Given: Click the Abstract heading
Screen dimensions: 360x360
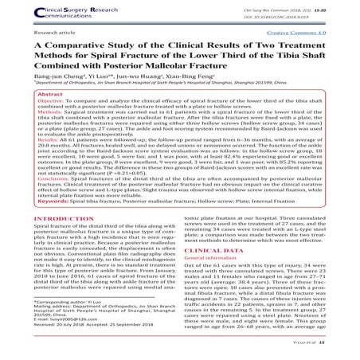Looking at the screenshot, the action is [x=52, y=115].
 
